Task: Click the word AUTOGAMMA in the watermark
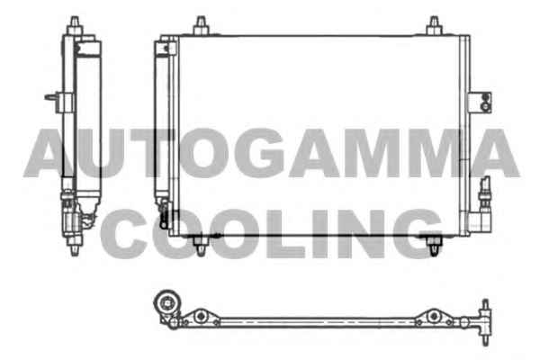coord(272,153)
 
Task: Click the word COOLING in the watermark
coord(272,234)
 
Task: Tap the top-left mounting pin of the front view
coord(201,26)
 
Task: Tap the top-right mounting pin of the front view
coord(434,26)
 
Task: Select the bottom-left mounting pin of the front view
coord(200,246)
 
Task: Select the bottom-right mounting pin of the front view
coord(434,246)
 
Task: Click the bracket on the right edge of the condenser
coord(480,103)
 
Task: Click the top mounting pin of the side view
coord(75,25)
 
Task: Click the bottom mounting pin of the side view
coord(75,246)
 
